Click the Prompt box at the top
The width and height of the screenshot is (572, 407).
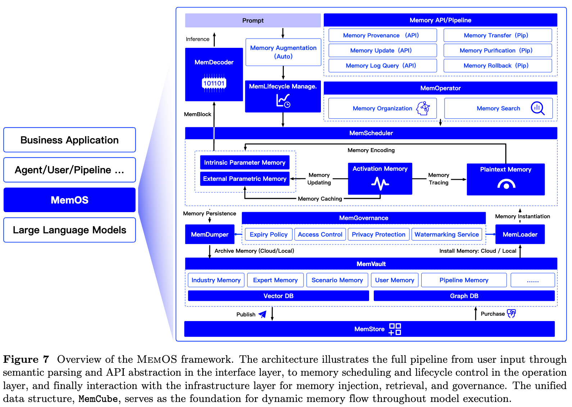(253, 20)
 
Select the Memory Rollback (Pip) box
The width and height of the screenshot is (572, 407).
(498, 65)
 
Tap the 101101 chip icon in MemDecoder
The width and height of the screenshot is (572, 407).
(214, 83)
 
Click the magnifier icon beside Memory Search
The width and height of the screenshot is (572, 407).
(537, 109)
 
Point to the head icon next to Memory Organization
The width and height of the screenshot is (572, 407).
(423, 109)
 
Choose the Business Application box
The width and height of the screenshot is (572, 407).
(69, 140)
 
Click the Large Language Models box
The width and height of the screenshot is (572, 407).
(69, 230)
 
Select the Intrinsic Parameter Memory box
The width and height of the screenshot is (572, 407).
(245, 163)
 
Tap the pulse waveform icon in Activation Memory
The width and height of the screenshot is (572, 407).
(380, 183)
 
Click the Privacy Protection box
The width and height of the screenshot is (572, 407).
(378, 234)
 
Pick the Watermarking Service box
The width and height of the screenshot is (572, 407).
(446, 234)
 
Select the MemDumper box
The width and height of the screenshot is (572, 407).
(210, 234)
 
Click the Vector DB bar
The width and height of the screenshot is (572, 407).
(278, 296)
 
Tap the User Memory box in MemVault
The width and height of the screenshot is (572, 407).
(395, 280)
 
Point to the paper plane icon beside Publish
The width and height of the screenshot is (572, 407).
(263, 314)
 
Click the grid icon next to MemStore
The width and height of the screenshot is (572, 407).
(395, 329)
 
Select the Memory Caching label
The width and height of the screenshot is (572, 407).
(320, 199)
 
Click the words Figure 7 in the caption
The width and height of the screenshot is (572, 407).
(26, 359)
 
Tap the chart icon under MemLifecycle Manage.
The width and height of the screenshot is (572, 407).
(283, 101)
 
